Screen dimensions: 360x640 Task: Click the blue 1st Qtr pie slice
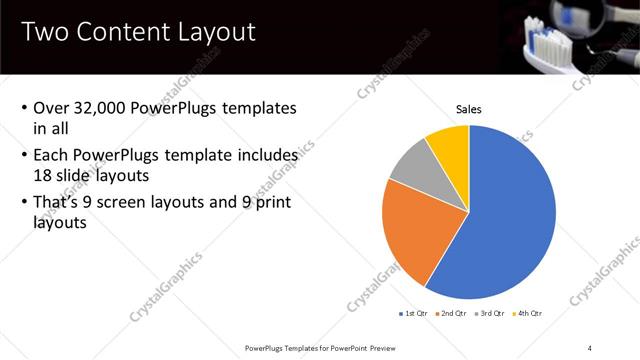[510, 220]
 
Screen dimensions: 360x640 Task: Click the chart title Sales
[469, 109]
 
